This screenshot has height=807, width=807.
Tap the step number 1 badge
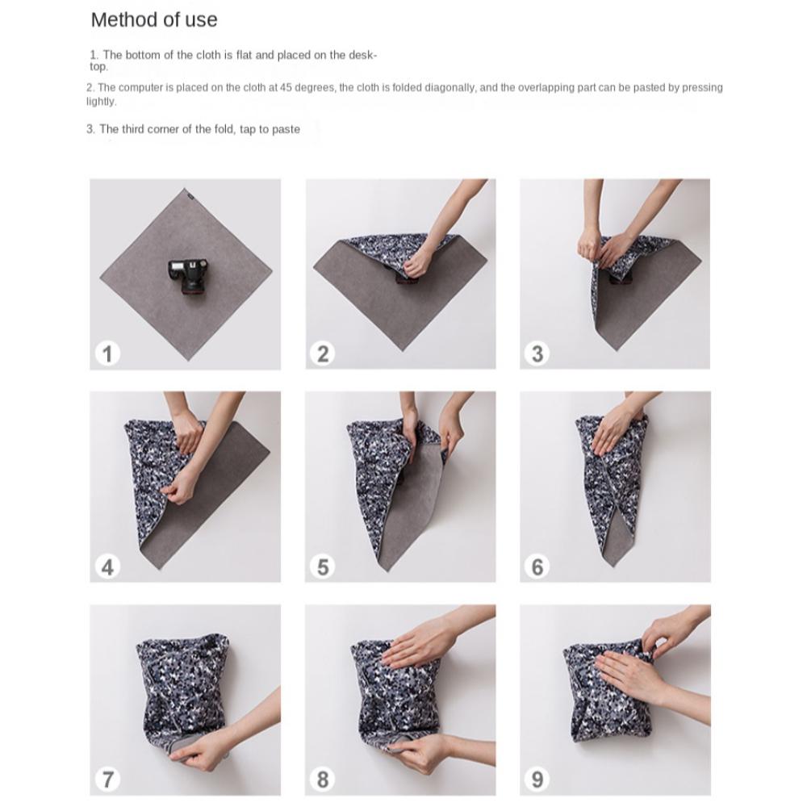coord(107,354)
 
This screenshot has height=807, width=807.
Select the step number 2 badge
coord(323,354)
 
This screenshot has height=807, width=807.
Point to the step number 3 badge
coord(537,354)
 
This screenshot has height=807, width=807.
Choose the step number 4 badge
coord(107,567)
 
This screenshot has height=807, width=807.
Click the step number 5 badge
coord(323,567)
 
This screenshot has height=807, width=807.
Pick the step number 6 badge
coord(537,567)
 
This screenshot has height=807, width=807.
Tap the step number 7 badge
coord(107,780)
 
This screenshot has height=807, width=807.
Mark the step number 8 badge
coord(323,780)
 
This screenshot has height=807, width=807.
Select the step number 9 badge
coord(537,780)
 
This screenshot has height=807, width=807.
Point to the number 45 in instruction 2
coord(286,87)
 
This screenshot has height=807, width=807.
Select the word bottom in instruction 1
coord(143,55)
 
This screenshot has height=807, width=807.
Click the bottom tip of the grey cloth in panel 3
coord(616,350)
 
